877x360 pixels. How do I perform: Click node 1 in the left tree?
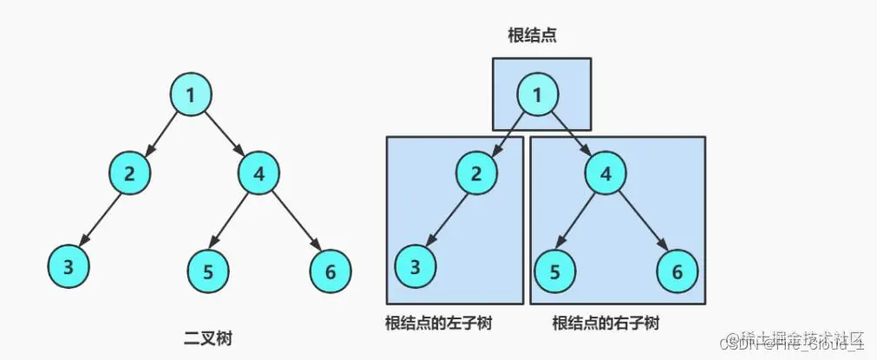click(x=190, y=95)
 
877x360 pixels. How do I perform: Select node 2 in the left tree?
click(x=130, y=173)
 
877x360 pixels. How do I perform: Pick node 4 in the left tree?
click(x=259, y=173)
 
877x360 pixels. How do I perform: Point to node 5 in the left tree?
click(x=208, y=272)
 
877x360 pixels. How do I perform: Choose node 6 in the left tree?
click(x=331, y=272)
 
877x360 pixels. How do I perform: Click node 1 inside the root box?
click(x=538, y=94)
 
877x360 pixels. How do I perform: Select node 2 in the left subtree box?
click(x=476, y=173)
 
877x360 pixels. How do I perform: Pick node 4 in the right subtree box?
click(x=606, y=173)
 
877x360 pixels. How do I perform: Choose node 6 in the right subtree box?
click(x=677, y=272)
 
